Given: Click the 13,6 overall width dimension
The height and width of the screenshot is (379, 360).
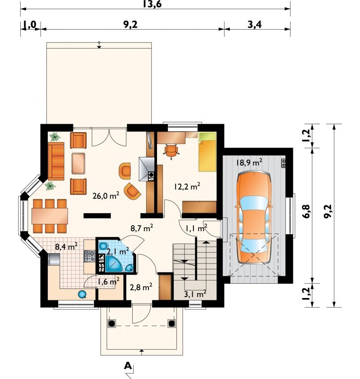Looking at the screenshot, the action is (152, 4).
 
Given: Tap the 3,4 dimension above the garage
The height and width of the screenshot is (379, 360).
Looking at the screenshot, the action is (255, 24).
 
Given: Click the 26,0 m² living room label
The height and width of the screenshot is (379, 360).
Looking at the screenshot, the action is (106, 195).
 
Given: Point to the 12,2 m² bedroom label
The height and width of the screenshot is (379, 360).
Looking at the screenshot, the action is (187, 186).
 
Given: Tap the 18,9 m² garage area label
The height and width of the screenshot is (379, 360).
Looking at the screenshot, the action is (249, 162).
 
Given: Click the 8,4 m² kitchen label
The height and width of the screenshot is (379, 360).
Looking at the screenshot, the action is (66, 246).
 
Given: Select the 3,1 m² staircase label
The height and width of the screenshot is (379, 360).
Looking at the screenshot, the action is (195, 294).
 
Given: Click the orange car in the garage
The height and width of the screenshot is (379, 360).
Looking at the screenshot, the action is (254, 218).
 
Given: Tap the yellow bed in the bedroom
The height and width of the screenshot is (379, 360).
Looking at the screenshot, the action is (207, 152).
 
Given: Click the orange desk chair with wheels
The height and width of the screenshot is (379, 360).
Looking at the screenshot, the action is (171, 151).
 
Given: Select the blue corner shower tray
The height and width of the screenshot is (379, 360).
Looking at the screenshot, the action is (115, 263).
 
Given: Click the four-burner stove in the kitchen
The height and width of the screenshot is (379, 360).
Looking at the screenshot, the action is (89, 256).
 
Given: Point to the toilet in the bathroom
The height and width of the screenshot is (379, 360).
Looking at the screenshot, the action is (103, 246).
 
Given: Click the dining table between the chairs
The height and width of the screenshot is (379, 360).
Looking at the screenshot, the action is (49, 216).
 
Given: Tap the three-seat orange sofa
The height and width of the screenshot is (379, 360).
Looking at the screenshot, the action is (56, 161).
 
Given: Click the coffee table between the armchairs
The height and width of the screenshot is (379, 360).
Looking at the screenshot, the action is (78, 163).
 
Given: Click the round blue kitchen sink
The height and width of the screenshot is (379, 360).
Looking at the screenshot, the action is (82, 294).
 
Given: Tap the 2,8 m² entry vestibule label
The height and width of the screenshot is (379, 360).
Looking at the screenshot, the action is (141, 287).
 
